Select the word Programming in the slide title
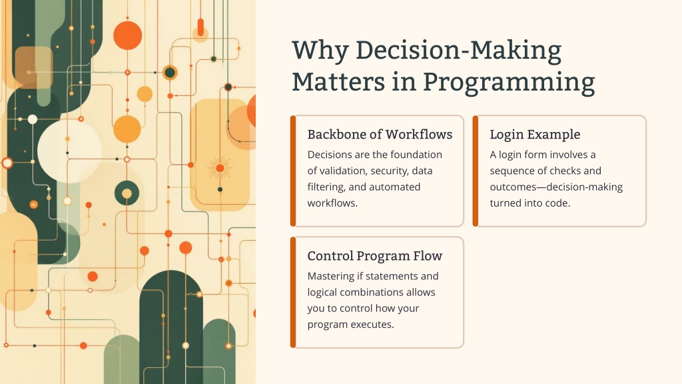point(509,82)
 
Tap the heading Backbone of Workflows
point(380,135)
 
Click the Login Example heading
point(535,135)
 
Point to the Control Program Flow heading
point(374,256)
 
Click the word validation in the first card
point(342,171)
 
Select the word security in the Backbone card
point(388,171)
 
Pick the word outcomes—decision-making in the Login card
point(556,187)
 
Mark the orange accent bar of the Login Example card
point(476,171)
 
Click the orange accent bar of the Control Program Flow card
point(293,293)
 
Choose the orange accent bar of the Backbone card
point(293,171)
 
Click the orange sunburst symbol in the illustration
point(220,168)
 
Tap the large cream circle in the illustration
point(69,151)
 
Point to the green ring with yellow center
point(127,193)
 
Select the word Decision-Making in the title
point(458,51)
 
